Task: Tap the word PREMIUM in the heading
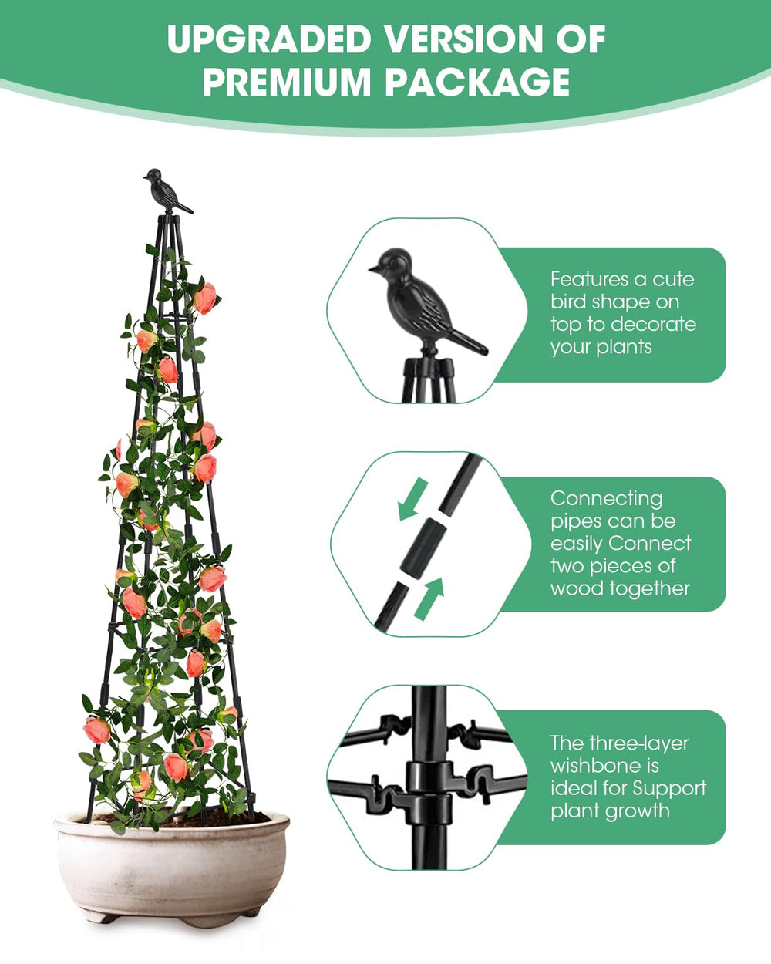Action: pos(286,82)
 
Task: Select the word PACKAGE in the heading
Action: pos(477,82)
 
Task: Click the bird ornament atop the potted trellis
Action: pos(167,190)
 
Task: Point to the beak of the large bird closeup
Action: pos(374,269)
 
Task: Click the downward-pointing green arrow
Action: pos(412,498)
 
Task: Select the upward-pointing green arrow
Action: pos(429,599)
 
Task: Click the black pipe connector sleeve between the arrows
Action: pos(423,549)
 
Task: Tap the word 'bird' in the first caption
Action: pos(569,302)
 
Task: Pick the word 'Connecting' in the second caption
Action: pos(607,499)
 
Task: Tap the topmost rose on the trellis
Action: pos(205,298)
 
